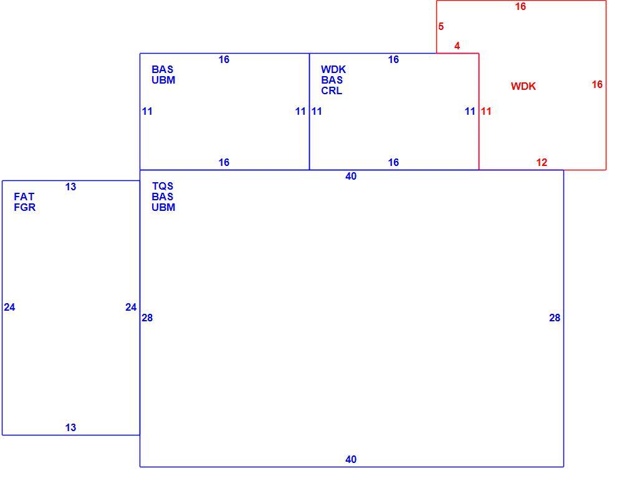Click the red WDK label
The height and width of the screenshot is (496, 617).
[x=523, y=86]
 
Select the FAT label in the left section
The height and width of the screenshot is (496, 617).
[x=24, y=197]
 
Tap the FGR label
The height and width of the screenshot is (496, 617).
[x=24, y=207]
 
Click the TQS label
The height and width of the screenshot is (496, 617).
[x=163, y=186]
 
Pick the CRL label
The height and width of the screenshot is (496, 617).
[x=332, y=90]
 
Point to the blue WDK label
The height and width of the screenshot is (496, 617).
[x=333, y=69]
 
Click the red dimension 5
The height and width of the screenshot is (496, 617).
[x=441, y=26]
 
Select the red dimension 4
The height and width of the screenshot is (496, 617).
[x=457, y=46]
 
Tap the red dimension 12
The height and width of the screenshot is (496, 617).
[x=542, y=162]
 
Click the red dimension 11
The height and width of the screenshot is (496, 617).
[x=486, y=112]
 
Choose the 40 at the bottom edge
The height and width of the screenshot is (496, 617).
[x=351, y=459]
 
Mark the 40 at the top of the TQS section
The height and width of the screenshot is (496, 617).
[x=351, y=176]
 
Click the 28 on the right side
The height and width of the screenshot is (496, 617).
[x=555, y=318]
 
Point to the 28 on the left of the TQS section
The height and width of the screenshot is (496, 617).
[x=147, y=318]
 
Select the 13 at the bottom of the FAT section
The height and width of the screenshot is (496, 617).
[x=70, y=427]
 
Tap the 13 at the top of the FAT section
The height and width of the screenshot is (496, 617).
[x=70, y=187]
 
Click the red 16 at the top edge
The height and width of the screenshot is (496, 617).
[x=520, y=7]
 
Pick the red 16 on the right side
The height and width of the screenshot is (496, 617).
[x=597, y=84]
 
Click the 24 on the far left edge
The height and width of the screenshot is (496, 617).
[x=9, y=308]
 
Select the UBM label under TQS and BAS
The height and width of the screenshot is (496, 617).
[x=163, y=207]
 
